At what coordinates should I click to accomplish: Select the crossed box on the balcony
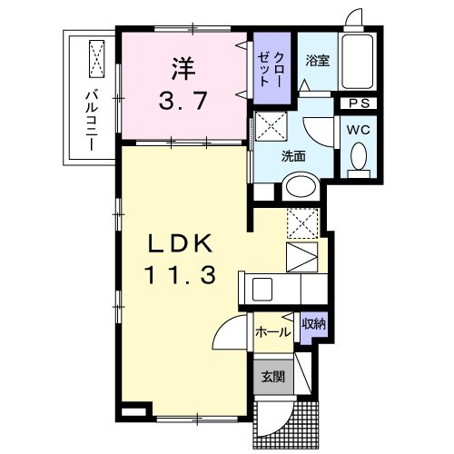tap(95, 59)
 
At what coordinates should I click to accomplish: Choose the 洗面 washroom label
tap(292, 155)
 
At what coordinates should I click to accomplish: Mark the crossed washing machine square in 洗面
tap(270, 128)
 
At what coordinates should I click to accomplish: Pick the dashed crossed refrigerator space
tap(301, 222)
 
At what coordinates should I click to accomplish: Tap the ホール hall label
tap(273, 332)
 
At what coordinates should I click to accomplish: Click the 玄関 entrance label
tap(273, 376)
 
